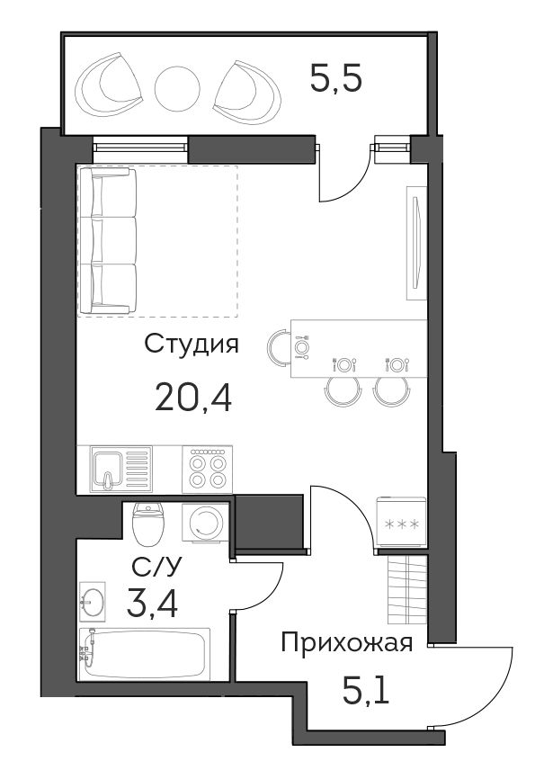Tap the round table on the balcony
(x=177, y=89)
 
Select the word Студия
(x=192, y=345)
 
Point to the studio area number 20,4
(x=193, y=398)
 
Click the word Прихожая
(x=346, y=643)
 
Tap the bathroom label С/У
(x=156, y=566)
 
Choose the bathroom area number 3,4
(x=152, y=604)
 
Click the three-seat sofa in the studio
(x=108, y=241)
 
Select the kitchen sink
(x=120, y=469)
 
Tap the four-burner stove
(x=207, y=470)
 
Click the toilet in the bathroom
(x=147, y=524)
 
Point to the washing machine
(x=205, y=524)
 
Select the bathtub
(x=145, y=654)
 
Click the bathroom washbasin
(x=93, y=602)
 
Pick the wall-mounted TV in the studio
(x=416, y=243)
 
